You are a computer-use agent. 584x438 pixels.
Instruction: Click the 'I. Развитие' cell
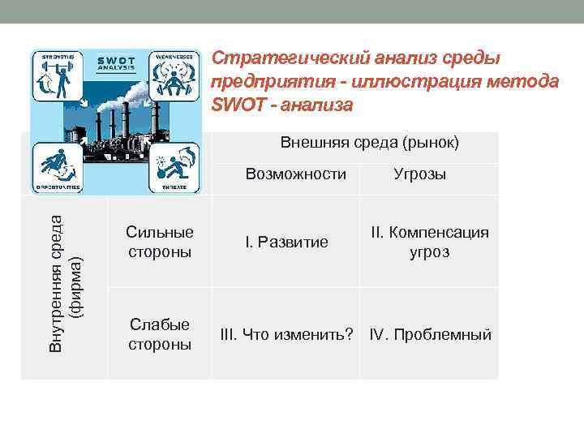[287, 242]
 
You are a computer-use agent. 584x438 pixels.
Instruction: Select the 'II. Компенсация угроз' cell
[429, 242]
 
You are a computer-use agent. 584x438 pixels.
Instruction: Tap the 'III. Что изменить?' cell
[287, 334]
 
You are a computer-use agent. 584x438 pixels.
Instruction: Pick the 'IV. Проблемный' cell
[430, 334]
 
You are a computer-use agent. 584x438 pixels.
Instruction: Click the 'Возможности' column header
[295, 174]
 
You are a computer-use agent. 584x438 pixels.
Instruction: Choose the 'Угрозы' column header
[419, 174]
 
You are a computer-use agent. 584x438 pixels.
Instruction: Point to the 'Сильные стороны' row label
[159, 242]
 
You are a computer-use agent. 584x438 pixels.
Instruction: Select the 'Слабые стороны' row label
[159, 334]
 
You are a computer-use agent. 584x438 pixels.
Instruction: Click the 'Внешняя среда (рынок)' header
[369, 144]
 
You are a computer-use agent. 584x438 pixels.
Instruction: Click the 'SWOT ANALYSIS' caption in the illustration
[116, 63]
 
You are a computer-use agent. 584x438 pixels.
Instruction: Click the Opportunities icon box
[56, 166]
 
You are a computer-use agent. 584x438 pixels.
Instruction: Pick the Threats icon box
[174, 166]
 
